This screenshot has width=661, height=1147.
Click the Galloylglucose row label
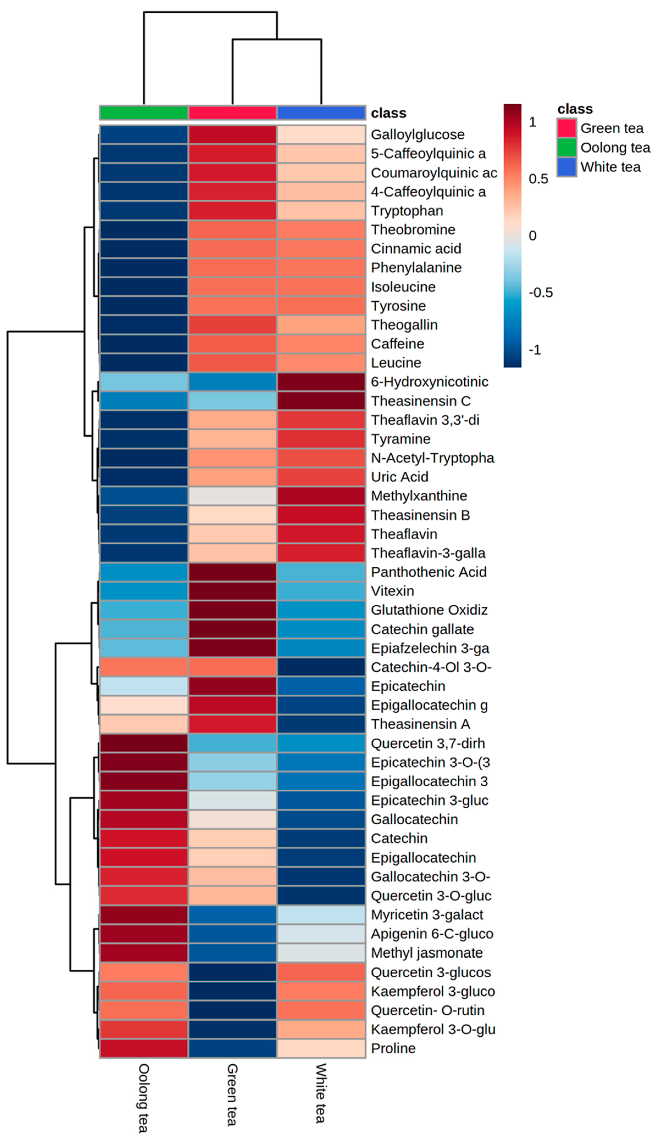(417, 135)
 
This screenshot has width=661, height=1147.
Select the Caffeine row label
(397, 344)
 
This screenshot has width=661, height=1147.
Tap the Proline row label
(393, 1048)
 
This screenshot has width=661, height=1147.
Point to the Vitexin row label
(392, 591)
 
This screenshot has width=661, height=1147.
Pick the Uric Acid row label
(399, 477)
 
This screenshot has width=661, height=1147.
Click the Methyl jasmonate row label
(427, 953)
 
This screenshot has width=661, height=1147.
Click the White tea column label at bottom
(321, 1093)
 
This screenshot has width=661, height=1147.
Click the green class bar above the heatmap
(143, 113)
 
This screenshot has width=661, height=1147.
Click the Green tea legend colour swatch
(566, 128)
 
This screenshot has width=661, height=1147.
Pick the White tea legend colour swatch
(566, 167)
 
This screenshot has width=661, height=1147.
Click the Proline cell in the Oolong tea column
(143, 1048)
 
